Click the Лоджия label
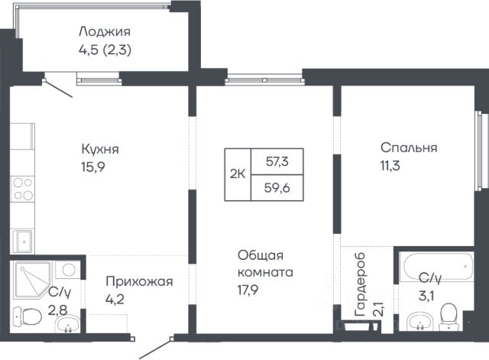click(x=105, y=32)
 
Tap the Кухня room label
click(x=100, y=149)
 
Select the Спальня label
click(x=409, y=148)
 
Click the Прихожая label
click(x=139, y=281)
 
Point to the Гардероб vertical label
click(x=360, y=284)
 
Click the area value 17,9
click(x=248, y=290)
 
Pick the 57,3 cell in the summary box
click(x=277, y=161)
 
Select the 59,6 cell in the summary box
click(x=277, y=188)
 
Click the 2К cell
click(x=238, y=174)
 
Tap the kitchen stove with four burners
click(x=22, y=189)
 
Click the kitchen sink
click(x=22, y=241)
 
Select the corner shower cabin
click(x=32, y=279)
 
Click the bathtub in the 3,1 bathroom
click(x=437, y=267)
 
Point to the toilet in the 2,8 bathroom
click(x=28, y=316)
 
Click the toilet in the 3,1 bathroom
click(x=449, y=316)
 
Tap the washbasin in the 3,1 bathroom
click(x=419, y=321)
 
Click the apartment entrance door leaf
click(x=155, y=349)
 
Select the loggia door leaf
click(x=58, y=88)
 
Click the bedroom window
click(x=482, y=151)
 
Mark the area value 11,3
click(x=390, y=166)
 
